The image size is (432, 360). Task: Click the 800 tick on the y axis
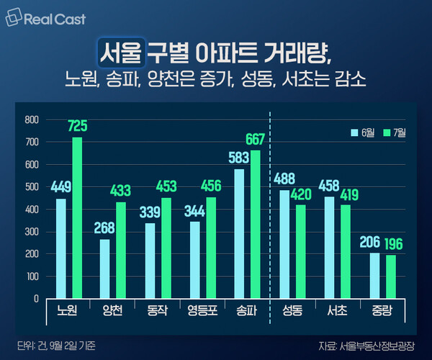point(30,120)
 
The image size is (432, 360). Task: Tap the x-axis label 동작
point(156,312)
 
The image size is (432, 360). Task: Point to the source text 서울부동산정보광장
point(378,345)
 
